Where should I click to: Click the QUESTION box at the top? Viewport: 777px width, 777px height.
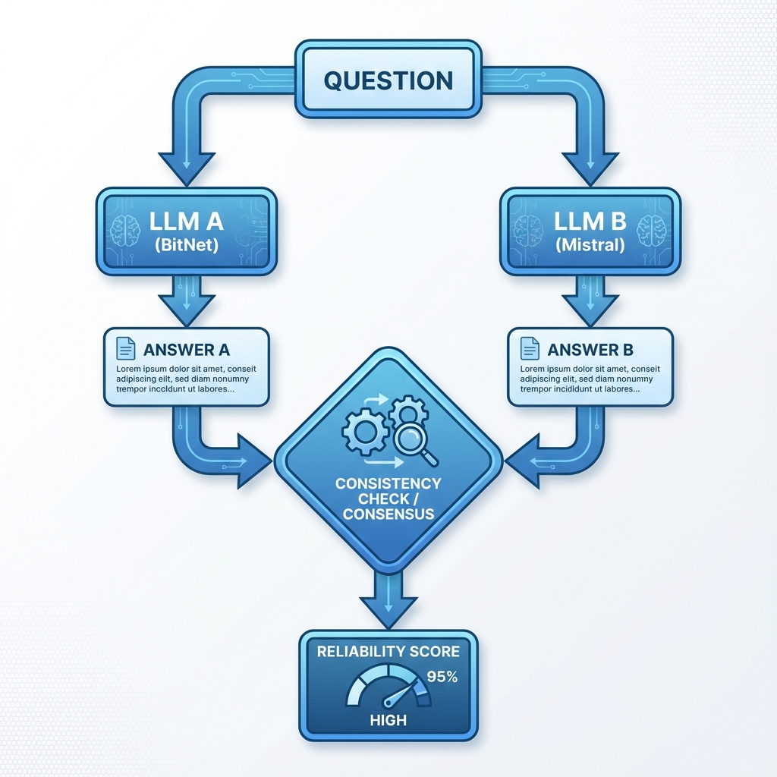point(388,80)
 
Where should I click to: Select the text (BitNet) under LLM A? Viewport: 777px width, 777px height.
point(186,246)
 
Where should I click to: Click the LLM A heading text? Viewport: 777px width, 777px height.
point(186,222)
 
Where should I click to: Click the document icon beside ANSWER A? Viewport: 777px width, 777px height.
point(125,349)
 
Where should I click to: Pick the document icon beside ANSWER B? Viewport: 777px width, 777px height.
point(530,349)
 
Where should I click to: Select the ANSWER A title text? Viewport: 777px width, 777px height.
point(186,350)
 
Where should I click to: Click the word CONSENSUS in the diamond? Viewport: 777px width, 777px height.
point(388,514)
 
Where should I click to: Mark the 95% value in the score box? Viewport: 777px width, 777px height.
point(442,677)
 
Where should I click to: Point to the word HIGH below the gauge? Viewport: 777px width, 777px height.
point(388,719)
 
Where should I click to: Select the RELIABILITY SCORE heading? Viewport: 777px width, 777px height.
point(388,651)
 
